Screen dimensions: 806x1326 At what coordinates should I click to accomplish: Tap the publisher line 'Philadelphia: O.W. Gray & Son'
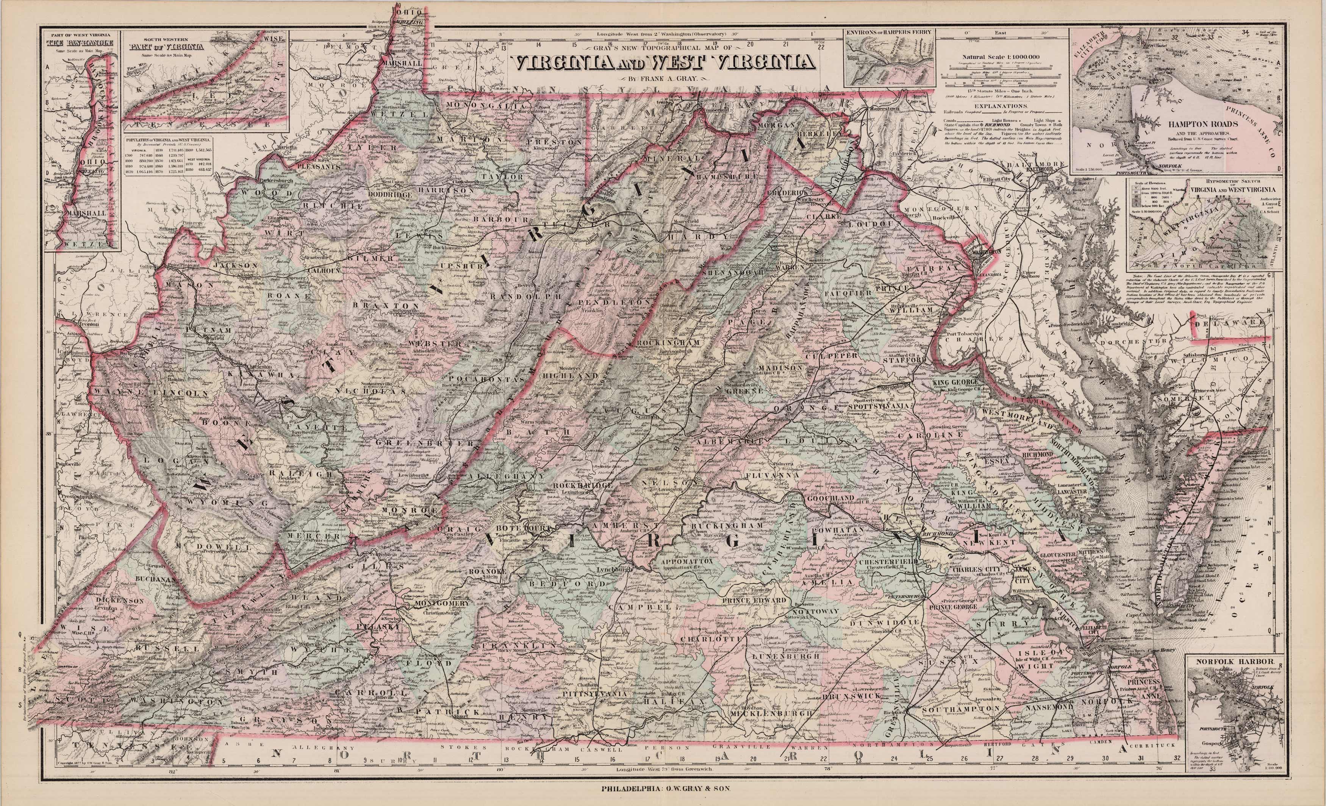pos(663,789)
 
